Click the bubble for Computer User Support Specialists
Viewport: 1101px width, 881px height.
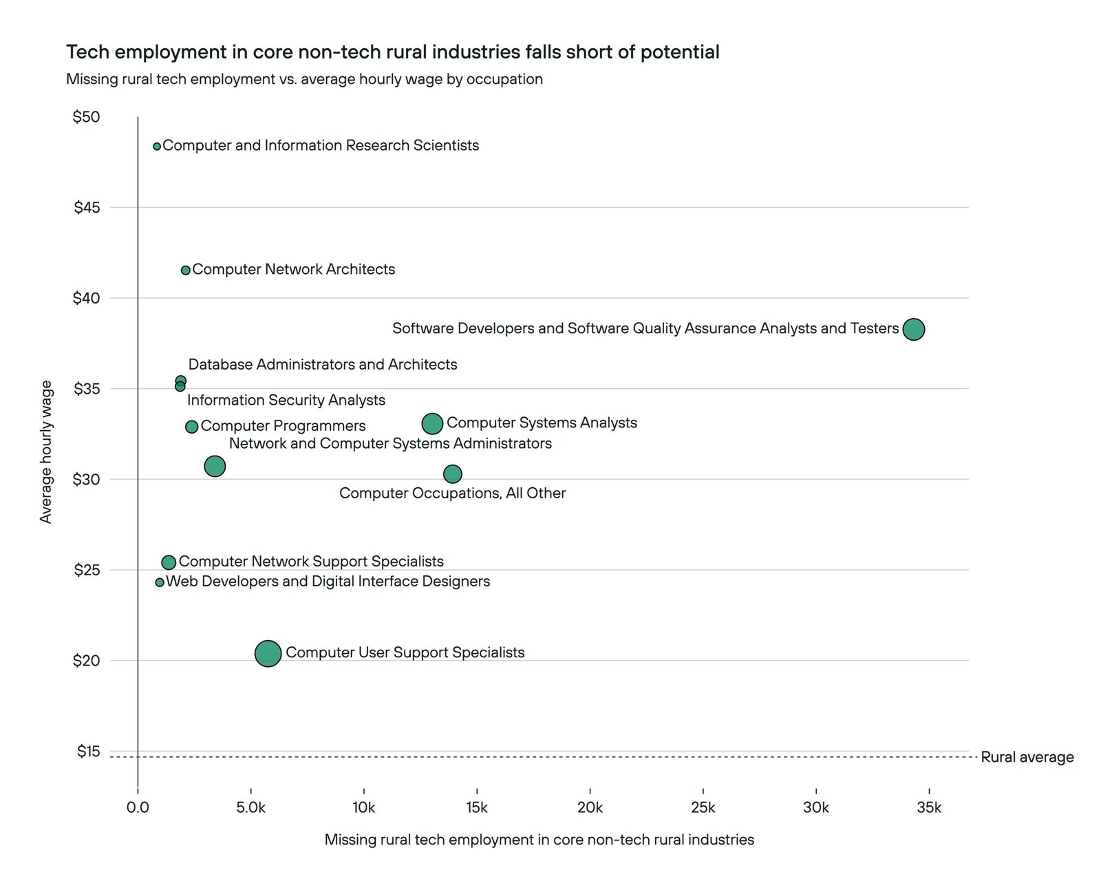point(268,653)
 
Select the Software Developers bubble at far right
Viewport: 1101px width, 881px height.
point(913,329)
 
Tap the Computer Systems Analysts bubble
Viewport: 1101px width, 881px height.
point(432,423)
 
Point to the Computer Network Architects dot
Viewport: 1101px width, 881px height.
point(185,270)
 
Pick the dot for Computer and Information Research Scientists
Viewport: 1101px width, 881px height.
point(157,147)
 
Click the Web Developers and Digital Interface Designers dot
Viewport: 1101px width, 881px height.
point(160,582)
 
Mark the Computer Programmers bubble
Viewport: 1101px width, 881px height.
point(192,427)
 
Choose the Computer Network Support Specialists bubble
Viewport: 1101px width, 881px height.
point(169,562)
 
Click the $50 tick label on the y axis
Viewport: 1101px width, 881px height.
point(87,117)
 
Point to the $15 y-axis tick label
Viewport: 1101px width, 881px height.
point(87,751)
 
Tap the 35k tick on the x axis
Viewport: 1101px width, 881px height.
point(929,808)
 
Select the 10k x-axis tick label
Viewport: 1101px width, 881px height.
point(363,808)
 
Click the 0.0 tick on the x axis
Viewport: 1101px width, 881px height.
point(138,808)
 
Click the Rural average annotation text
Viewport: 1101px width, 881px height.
point(1027,757)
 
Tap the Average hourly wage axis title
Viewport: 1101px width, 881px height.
point(46,452)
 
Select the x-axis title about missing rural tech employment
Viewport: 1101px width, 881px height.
point(539,840)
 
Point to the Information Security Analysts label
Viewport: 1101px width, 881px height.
point(286,400)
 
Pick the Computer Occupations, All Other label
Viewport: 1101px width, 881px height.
point(452,493)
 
